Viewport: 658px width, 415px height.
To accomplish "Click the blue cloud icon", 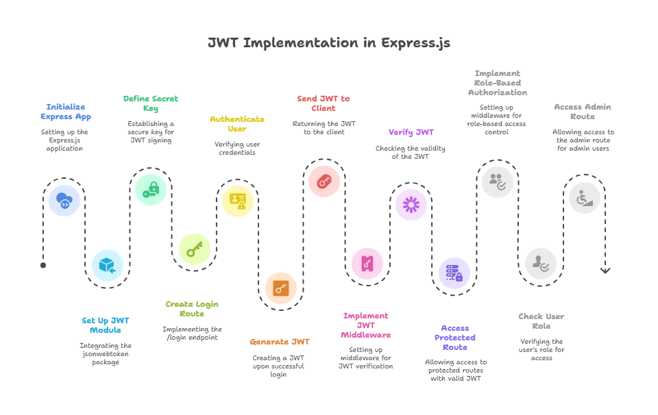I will pos(64,201).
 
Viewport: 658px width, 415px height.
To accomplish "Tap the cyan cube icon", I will pos(108,266).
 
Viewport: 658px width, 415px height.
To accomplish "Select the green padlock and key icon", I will pos(151,188).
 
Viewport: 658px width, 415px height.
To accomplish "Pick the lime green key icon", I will pos(195,249).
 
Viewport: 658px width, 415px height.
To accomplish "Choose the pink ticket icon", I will pos(367,264).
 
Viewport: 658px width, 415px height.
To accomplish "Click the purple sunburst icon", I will pos(411,204).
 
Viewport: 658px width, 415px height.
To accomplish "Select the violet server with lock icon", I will pos(454,273).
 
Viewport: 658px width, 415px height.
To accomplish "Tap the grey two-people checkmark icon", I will pos(496,182).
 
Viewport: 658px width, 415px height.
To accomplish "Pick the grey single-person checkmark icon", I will pos(541,264).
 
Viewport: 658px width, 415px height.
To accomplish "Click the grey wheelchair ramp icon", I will pos(584,198).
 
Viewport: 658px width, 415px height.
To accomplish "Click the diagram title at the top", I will pos(329,42).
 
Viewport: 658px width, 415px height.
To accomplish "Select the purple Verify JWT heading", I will pos(411,131).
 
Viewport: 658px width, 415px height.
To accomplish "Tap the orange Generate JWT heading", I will pos(280,340).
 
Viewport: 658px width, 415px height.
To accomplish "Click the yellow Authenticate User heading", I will pos(238,124).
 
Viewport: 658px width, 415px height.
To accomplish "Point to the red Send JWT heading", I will pos(324,103).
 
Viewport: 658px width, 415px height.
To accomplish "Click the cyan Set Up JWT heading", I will pos(105,324).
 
